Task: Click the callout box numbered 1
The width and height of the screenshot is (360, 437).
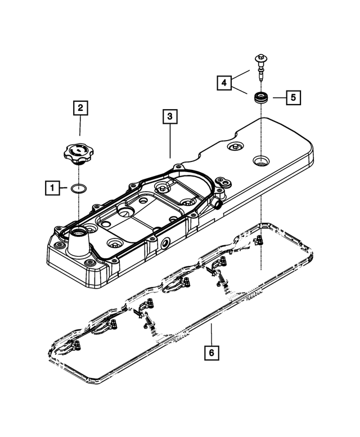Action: pos(52,188)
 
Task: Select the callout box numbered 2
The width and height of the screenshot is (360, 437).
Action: pos(80,107)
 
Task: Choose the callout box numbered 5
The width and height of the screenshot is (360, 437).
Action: pos(292,97)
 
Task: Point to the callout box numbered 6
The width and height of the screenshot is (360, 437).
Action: pos(211,353)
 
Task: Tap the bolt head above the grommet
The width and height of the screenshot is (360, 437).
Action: pos(262,57)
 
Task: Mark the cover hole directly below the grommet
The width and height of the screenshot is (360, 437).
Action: pos(262,161)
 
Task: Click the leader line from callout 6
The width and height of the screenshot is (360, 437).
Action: pos(211,334)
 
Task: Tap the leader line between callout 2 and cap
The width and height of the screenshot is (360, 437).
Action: pos(80,127)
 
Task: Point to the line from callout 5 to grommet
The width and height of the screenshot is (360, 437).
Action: pos(279,97)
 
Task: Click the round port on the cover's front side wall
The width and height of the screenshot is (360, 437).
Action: pos(165,245)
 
